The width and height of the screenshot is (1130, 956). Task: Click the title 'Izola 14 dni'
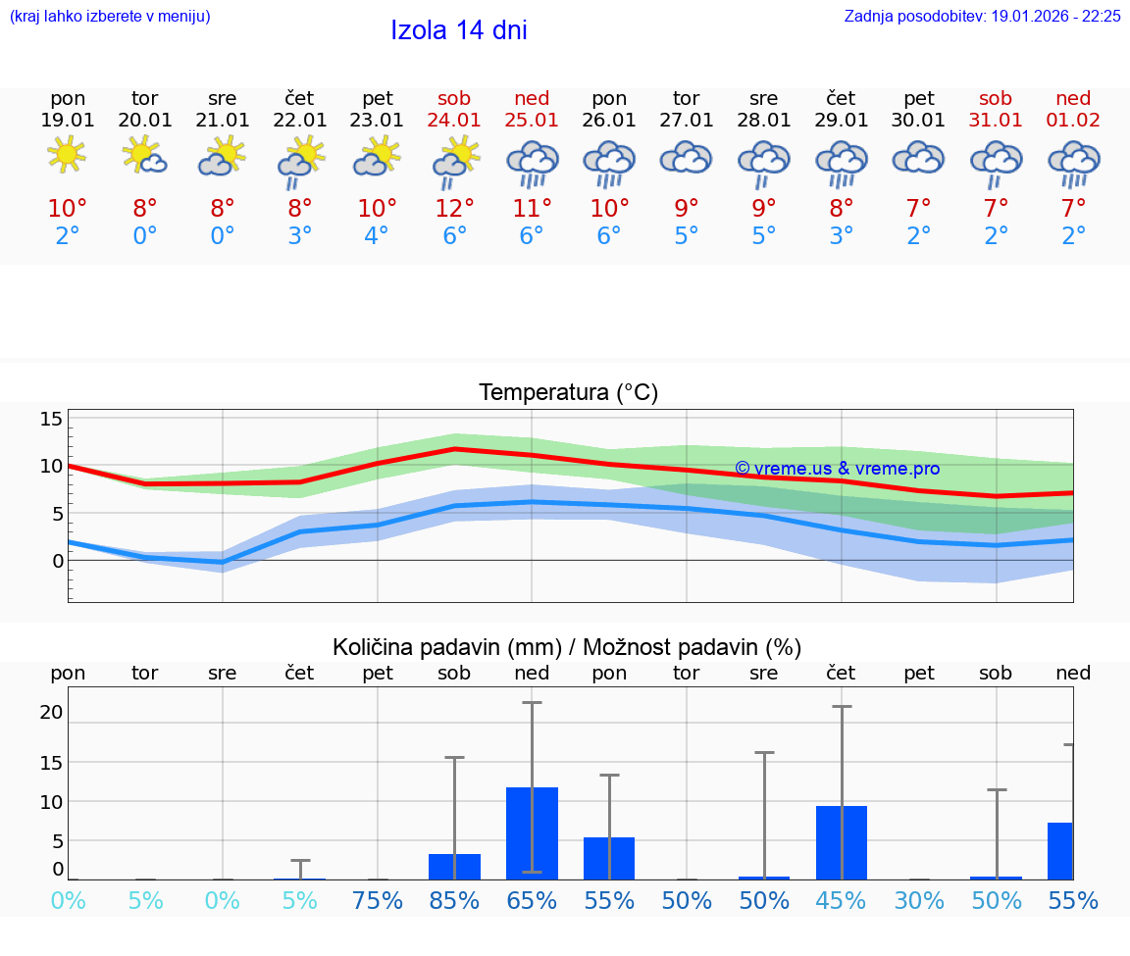(x=458, y=30)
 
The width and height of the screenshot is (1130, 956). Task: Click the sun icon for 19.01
(x=67, y=155)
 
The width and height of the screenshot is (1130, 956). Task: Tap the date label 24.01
(x=454, y=120)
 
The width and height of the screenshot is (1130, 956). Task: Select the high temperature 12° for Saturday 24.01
(x=454, y=209)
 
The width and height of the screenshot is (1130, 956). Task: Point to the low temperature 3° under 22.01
(x=300, y=236)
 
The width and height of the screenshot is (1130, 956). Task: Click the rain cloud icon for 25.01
(x=532, y=163)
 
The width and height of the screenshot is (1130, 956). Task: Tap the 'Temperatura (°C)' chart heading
(x=568, y=392)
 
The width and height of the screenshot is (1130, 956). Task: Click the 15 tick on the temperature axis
(x=51, y=420)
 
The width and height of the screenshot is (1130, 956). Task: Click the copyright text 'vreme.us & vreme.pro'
(x=837, y=469)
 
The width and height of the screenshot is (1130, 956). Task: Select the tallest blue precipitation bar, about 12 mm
(x=532, y=832)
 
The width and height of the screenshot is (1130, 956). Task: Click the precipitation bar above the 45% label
(x=842, y=842)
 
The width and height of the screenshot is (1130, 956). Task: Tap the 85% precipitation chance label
(x=454, y=900)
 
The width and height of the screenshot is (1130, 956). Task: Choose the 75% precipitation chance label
(x=378, y=900)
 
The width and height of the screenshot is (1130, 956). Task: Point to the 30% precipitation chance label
(x=919, y=900)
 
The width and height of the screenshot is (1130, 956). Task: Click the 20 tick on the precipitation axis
(x=51, y=712)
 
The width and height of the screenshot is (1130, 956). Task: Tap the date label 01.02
(x=1073, y=120)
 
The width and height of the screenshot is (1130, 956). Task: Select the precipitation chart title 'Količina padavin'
(x=446, y=647)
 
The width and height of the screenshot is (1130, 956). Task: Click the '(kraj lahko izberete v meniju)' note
(x=110, y=17)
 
